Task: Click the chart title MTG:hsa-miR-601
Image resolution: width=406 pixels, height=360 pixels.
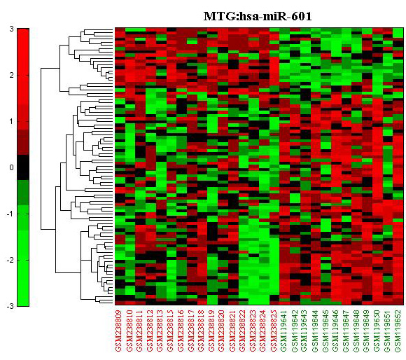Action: [258, 16]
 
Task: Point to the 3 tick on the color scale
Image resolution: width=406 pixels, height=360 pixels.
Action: [11, 29]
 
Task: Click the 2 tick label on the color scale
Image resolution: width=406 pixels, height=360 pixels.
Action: [11, 75]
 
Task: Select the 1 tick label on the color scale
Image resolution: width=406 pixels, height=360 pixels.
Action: [11, 121]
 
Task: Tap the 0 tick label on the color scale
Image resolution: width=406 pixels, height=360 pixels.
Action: [11, 167]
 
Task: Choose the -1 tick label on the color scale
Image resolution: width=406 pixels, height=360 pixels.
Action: [10, 214]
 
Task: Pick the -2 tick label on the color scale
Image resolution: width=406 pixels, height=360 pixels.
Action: [10, 260]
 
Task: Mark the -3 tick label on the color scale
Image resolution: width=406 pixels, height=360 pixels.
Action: [10, 306]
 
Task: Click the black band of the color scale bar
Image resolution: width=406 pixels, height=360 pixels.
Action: [23, 167]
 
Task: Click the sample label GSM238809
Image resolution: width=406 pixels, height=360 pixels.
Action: [118, 331]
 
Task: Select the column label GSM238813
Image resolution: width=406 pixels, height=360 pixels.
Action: [160, 331]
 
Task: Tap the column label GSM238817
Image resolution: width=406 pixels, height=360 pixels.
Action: [191, 331]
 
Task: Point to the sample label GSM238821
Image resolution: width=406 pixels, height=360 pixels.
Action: [232, 331]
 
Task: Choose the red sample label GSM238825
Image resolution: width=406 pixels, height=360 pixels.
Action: [274, 331]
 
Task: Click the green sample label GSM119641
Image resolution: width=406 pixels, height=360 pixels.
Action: [283, 331]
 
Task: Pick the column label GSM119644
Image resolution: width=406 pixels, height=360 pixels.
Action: [315, 331]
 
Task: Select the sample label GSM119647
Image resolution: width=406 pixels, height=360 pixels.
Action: [346, 331]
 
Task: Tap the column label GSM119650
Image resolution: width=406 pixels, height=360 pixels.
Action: [377, 331]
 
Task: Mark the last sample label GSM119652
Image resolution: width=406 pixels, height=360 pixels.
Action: [398, 331]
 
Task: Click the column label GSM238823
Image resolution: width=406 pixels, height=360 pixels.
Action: [253, 331]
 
